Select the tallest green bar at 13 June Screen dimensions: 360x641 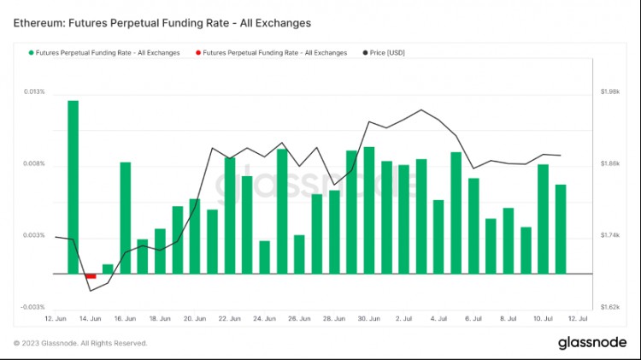coord(73,186)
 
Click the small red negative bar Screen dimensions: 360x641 coord(91,276)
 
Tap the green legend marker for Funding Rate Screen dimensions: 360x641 coord(32,53)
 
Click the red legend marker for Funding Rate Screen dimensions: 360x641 coord(198,53)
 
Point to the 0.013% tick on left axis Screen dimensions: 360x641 coord(35,91)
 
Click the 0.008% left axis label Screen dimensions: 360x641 coord(35,163)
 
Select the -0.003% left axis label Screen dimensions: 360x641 coord(33,307)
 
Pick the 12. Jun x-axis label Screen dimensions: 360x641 coord(55,318)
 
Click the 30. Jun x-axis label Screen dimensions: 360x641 coord(369,318)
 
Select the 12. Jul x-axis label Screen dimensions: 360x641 coord(578,318)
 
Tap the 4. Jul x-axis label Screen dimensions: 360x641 coord(438,318)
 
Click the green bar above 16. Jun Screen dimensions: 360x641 coord(125,218)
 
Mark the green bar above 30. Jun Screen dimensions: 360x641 coord(369,210)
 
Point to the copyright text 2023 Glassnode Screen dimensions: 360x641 coord(80,343)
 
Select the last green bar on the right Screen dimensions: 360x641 coord(561,229)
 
